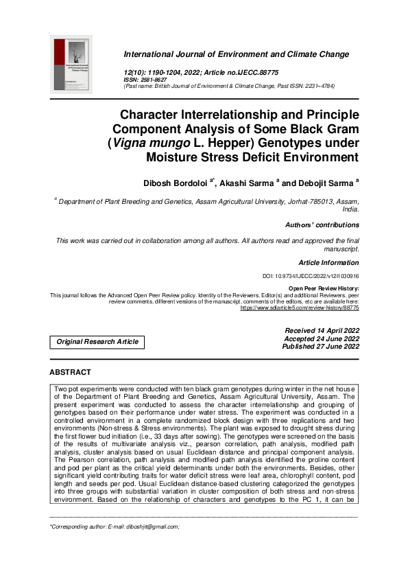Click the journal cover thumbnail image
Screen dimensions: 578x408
[x=72, y=65]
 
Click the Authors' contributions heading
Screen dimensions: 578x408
[x=322, y=224]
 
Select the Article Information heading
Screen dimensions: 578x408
[x=328, y=263]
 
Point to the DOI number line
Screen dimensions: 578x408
[x=311, y=276]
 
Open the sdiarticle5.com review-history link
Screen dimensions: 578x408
[x=299, y=308]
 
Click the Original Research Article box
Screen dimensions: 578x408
[x=97, y=341]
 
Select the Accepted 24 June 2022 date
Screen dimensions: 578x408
[x=321, y=339]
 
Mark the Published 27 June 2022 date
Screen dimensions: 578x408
[x=320, y=347]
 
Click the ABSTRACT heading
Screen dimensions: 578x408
[x=70, y=372]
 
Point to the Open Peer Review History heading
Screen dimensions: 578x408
[x=324, y=288]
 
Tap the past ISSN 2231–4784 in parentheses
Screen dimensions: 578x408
[x=314, y=86]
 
